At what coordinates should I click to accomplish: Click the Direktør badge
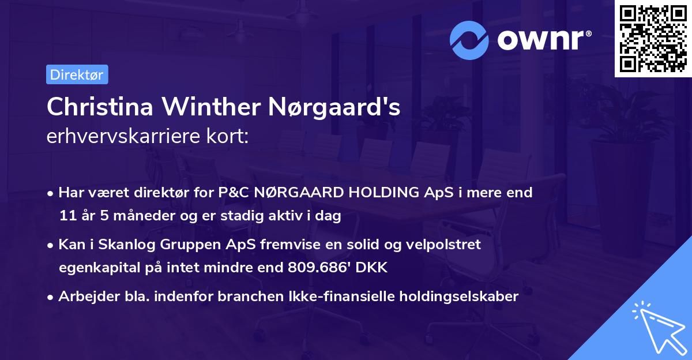pos(77,74)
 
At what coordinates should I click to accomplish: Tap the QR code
pos(653,38)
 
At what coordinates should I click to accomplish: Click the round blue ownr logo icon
pos(469,40)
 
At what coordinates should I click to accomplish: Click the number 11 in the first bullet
pos(67,216)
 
